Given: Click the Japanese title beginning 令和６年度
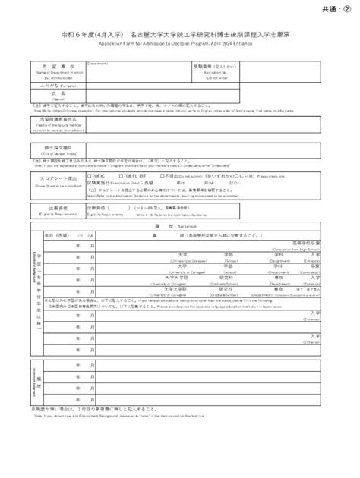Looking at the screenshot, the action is (x=179, y=36).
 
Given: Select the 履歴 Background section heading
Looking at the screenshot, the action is (x=179, y=227).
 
